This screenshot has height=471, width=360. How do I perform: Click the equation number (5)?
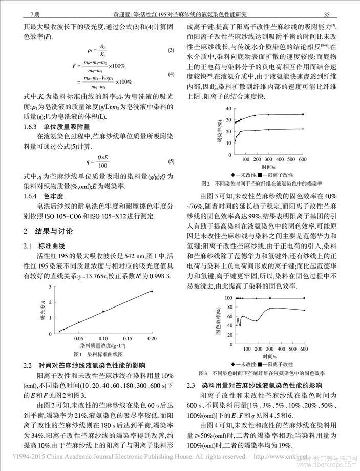(172, 162)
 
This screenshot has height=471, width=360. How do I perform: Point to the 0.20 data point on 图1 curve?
(152, 291)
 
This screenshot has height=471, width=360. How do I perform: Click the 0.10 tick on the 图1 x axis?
(103, 339)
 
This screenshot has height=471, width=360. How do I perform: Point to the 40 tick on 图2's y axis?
(229, 109)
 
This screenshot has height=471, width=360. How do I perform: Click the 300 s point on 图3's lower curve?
(269, 308)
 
